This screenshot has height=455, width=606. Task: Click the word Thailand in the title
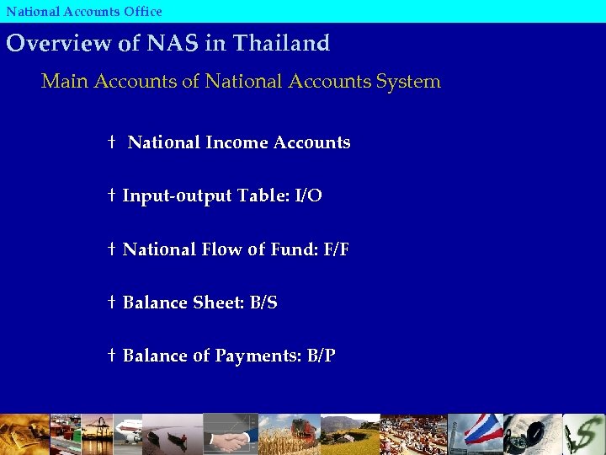click(x=280, y=43)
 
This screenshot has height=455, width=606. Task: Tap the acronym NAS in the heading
click(x=171, y=43)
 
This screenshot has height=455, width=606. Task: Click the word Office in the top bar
click(x=140, y=11)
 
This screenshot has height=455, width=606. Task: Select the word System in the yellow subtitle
click(x=409, y=82)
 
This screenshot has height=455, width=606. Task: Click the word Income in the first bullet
click(x=236, y=142)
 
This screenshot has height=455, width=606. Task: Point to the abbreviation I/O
click(x=308, y=196)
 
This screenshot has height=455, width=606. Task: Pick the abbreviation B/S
click(x=263, y=302)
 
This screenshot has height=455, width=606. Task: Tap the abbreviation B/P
click(x=322, y=356)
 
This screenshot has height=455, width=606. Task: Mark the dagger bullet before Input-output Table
click(x=112, y=196)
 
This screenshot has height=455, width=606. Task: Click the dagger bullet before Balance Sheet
click(x=112, y=302)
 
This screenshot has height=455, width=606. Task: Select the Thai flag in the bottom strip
click(x=484, y=431)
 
